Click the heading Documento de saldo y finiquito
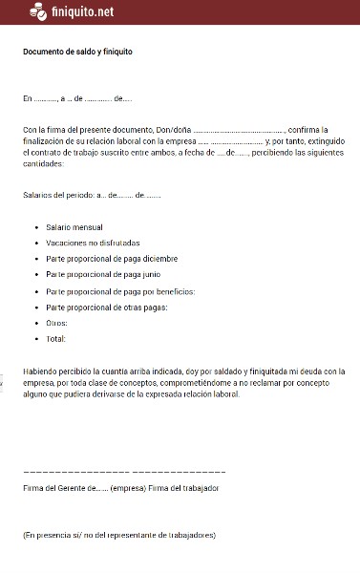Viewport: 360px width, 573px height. click(x=77, y=53)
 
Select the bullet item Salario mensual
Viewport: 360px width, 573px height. click(x=74, y=227)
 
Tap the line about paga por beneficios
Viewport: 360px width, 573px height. click(x=120, y=290)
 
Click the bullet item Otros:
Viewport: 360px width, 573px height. click(x=56, y=322)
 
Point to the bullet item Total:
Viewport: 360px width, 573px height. click(x=55, y=338)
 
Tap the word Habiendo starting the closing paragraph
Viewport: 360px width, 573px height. click(x=41, y=370)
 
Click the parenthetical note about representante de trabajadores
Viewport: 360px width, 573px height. click(x=119, y=535)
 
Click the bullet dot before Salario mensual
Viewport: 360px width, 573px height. click(x=35, y=227)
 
